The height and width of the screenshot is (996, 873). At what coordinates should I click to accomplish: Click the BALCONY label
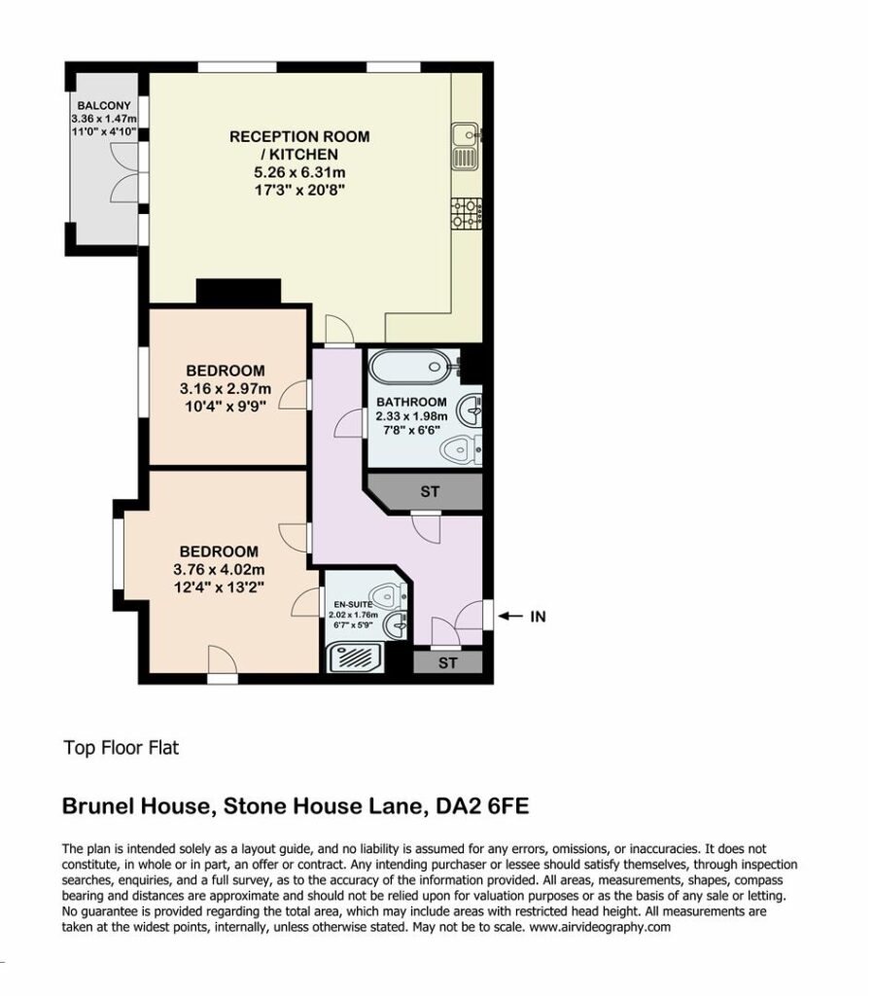tap(104, 105)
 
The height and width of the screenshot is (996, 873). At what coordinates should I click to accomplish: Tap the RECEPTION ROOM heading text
tap(299, 136)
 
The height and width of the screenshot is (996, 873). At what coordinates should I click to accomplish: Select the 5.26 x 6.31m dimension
tap(299, 172)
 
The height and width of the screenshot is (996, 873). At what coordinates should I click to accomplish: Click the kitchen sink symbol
tap(468, 147)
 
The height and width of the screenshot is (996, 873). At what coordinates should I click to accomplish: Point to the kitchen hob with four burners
tap(468, 213)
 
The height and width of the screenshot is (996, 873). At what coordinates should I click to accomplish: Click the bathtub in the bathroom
tap(414, 367)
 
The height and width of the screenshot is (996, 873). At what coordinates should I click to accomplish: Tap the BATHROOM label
tap(411, 402)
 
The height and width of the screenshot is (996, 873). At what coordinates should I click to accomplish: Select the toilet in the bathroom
tap(461, 450)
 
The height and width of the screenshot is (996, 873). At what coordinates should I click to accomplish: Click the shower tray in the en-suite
tap(355, 658)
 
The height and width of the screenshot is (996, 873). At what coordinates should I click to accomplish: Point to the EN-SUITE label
tap(353, 605)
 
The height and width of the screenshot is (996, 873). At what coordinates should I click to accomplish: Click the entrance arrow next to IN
tap(509, 616)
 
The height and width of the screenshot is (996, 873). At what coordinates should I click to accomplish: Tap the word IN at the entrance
tap(538, 617)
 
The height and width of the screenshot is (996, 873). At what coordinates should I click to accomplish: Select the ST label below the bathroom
tap(430, 491)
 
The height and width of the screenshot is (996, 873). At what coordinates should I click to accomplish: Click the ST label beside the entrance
tap(447, 663)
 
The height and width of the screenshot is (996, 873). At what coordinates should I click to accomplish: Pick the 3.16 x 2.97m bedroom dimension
tap(226, 389)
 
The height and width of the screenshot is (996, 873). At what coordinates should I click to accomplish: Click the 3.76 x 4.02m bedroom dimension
tap(219, 570)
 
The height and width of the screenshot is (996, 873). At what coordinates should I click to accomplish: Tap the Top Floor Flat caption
tap(122, 748)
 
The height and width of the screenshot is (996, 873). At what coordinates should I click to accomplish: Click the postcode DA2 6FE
tap(482, 806)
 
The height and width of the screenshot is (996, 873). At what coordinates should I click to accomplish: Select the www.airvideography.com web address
tap(600, 927)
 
